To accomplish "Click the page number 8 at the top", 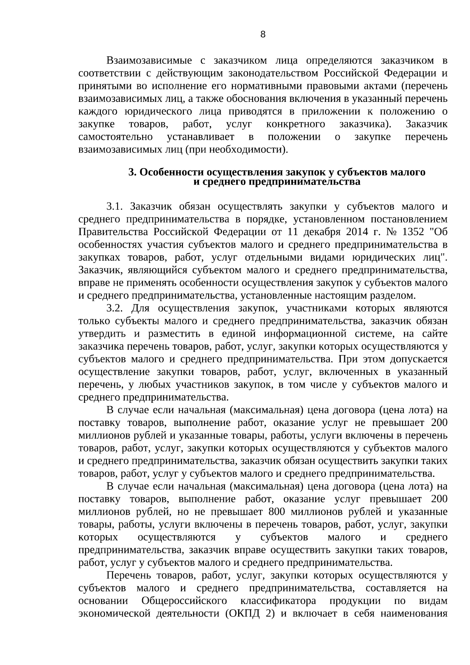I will tap(263, 34).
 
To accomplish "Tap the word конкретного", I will tap(295, 124).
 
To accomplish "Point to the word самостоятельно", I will tap(116, 137).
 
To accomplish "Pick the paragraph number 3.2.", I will tap(115, 308).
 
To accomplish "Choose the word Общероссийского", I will tap(184, 601).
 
